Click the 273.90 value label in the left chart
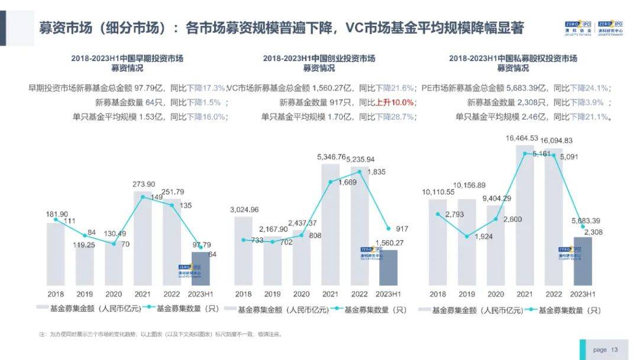(144, 184)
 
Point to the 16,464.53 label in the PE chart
(522, 138)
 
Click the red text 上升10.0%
(395, 102)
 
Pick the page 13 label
(605, 350)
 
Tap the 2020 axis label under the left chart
(113, 294)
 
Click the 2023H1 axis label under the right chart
(582, 294)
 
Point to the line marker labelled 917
(388, 228)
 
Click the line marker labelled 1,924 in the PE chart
(467, 236)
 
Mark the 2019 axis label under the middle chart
(272, 294)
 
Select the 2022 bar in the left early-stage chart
(172, 242)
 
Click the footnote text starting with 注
(160, 334)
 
